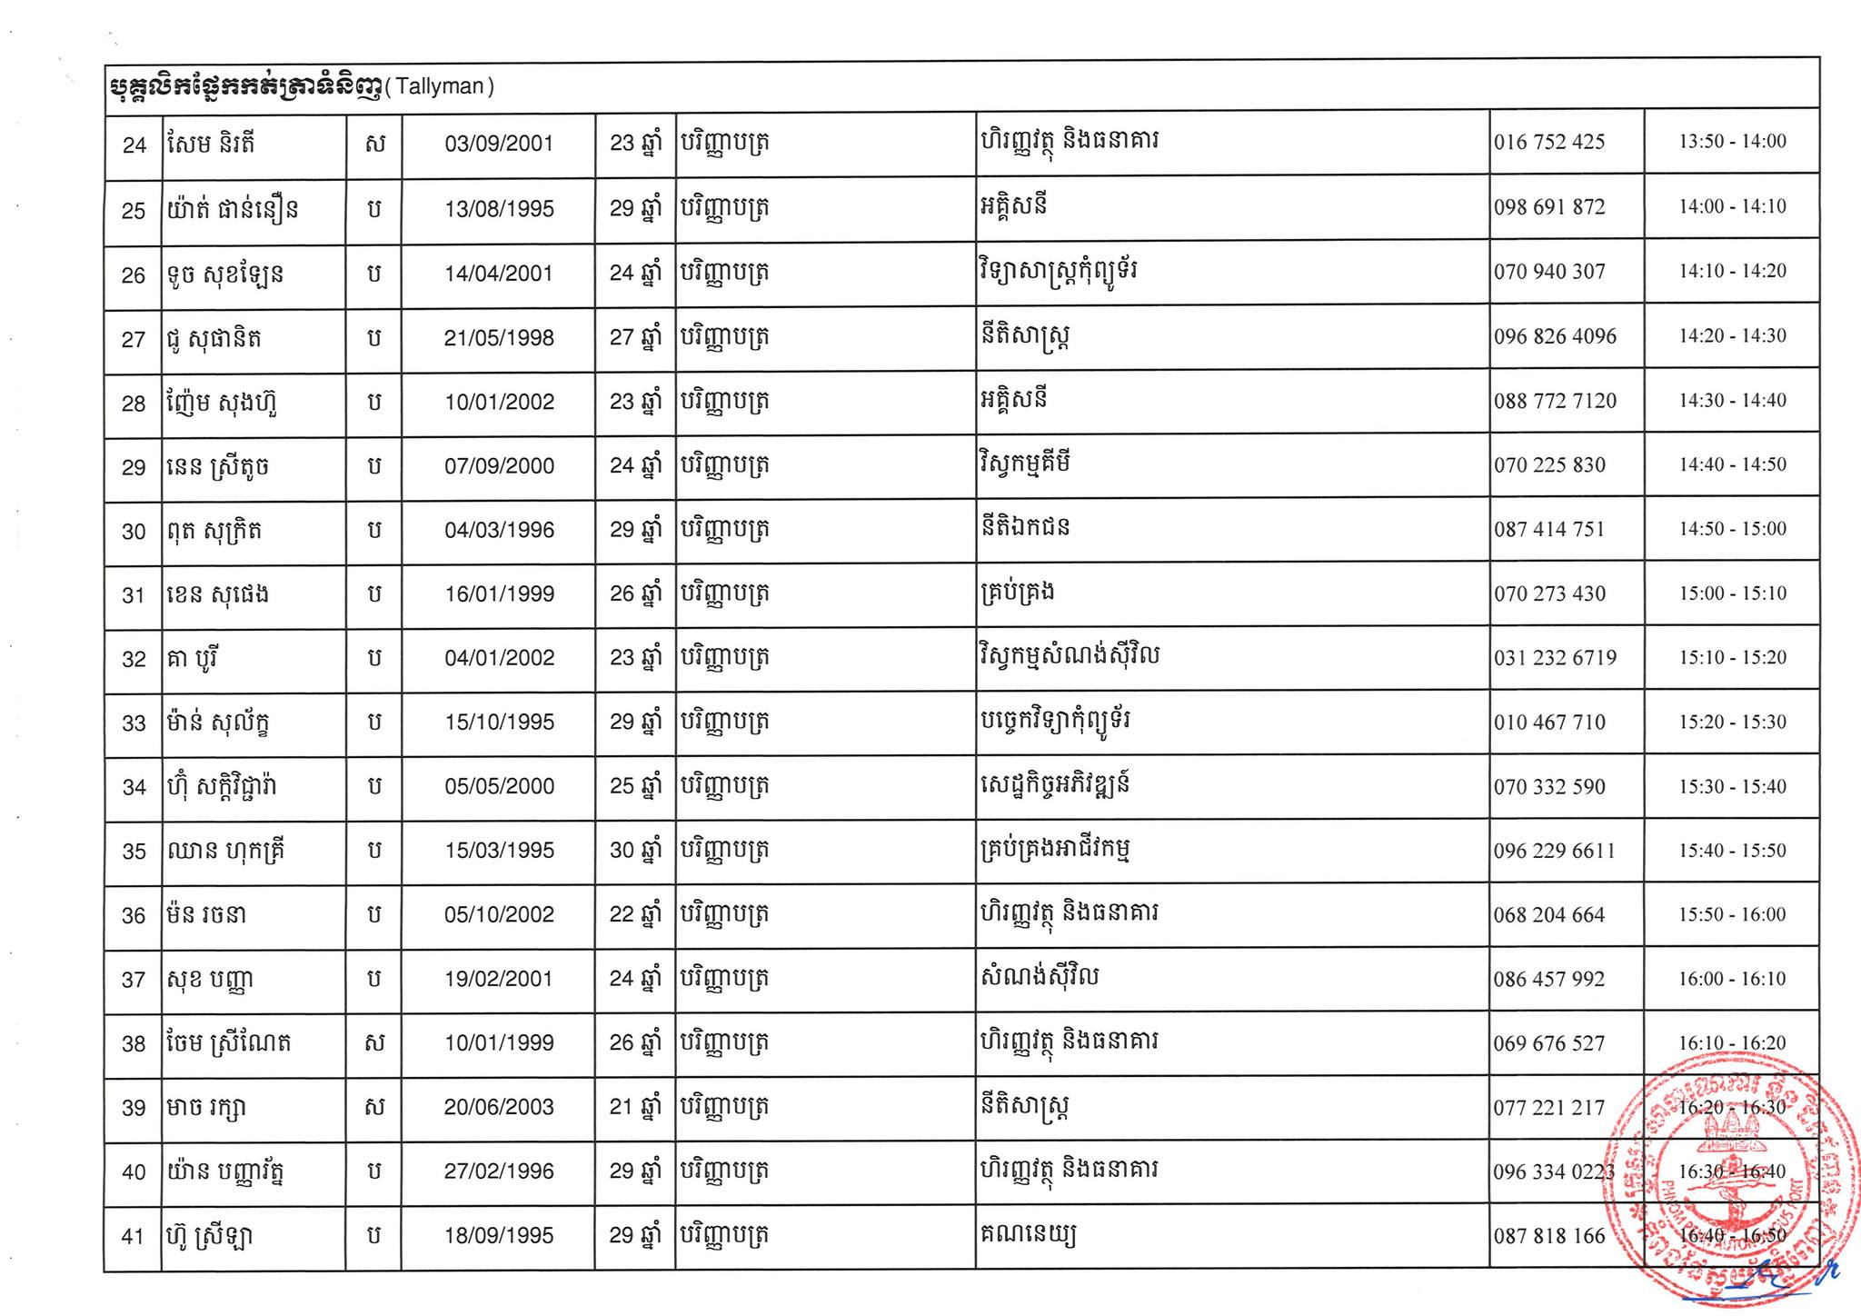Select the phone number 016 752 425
(x=1549, y=142)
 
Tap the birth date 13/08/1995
(x=499, y=209)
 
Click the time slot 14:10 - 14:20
(x=1732, y=271)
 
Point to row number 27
(x=134, y=340)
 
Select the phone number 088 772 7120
(x=1555, y=401)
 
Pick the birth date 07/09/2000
(x=499, y=466)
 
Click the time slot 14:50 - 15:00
(x=1732, y=529)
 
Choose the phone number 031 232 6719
(x=1555, y=658)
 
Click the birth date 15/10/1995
(x=499, y=723)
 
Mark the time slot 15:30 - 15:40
(x=1732, y=786)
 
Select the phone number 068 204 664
(x=1549, y=915)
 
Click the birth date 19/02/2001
(x=499, y=979)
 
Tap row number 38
(x=134, y=1044)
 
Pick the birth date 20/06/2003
(x=499, y=1107)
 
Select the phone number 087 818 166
(x=1549, y=1236)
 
